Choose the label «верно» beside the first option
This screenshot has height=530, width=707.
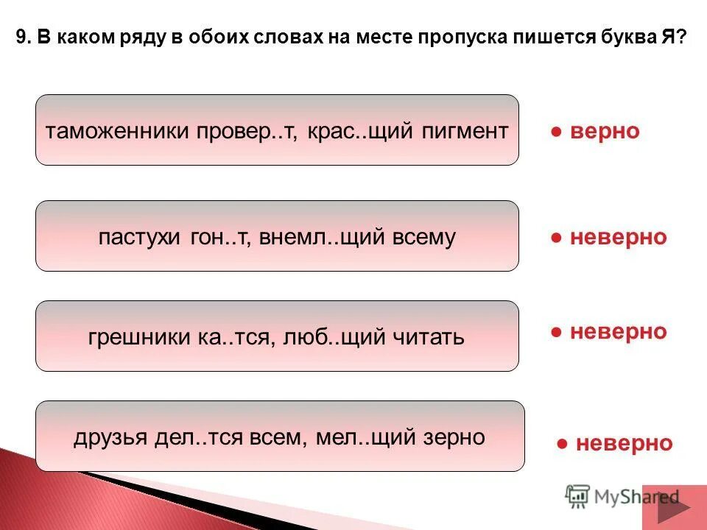[605, 131]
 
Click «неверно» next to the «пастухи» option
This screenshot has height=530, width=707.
[618, 237]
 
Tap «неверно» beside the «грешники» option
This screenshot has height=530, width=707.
[618, 331]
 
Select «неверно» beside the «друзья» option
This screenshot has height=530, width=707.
[624, 443]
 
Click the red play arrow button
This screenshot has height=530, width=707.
[673, 507]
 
